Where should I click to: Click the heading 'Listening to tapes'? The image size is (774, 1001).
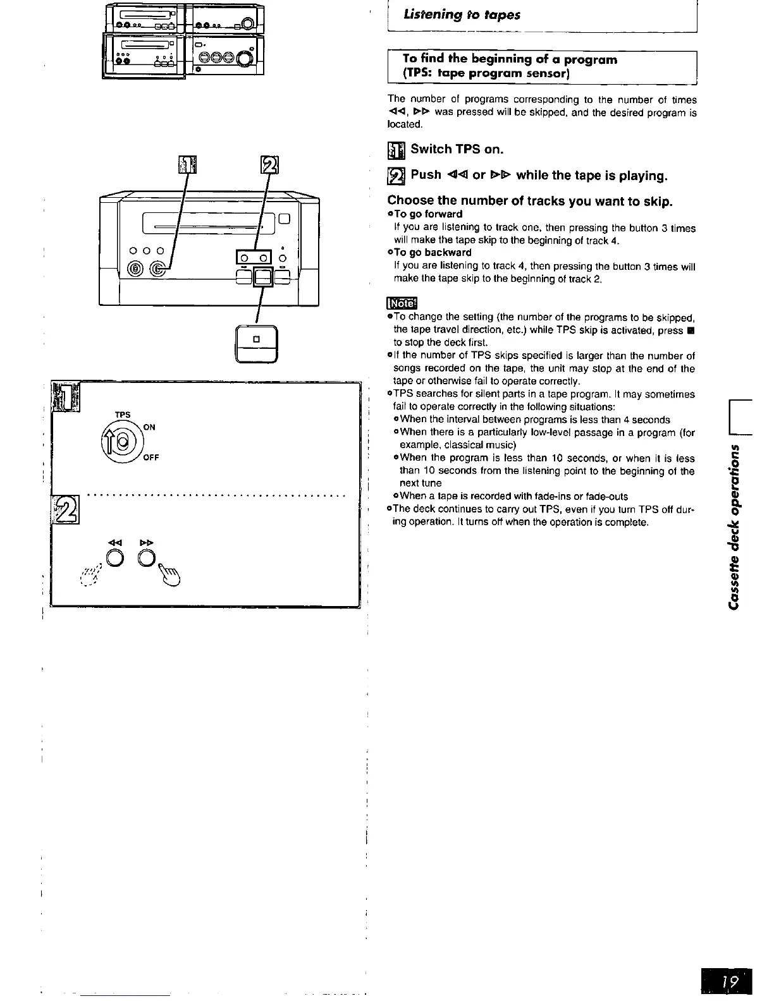pyautogui.click(x=462, y=15)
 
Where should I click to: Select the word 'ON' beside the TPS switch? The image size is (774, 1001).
pyautogui.click(x=149, y=427)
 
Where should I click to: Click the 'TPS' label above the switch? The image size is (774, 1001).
pyautogui.click(x=123, y=415)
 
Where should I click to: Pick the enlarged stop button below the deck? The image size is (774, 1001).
pyautogui.click(x=256, y=343)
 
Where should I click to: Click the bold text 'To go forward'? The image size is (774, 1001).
pyautogui.click(x=428, y=214)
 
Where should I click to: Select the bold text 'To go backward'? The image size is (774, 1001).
pyautogui.click(x=433, y=253)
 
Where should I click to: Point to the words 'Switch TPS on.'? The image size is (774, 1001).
pyautogui.click(x=457, y=149)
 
